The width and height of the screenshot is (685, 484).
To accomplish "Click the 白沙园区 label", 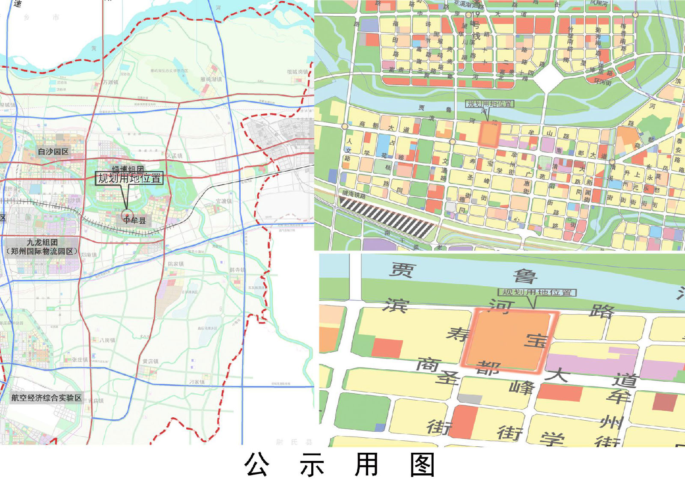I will (x=53, y=152).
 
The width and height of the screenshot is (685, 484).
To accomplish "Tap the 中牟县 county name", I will (x=134, y=220).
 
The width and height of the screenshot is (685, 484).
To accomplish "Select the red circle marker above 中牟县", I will (x=127, y=215).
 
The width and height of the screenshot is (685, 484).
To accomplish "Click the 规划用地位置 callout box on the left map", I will (x=129, y=178).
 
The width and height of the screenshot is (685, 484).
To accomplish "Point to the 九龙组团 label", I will (x=42, y=243).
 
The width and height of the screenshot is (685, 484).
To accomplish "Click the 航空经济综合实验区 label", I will (x=46, y=398).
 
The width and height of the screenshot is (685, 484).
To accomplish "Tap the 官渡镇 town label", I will (x=223, y=201).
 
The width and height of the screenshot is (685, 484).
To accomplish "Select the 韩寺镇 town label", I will (x=237, y=270).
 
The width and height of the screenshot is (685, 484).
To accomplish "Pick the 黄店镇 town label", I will (x=150, y=362).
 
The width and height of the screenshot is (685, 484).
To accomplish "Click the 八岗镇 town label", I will (x=107, y=340).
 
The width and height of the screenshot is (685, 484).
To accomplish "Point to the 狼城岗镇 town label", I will (x=297, y=72).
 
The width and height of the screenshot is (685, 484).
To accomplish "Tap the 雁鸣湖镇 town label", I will (x=211, y=80).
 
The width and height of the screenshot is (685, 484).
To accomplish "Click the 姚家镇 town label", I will (x=176, y=264).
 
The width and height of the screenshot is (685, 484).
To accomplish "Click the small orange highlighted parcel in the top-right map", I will (x=488, y=134).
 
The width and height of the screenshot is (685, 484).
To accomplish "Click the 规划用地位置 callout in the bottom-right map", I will (x=537, y=292).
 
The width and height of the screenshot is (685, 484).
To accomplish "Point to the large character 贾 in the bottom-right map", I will (x=402, y=270).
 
